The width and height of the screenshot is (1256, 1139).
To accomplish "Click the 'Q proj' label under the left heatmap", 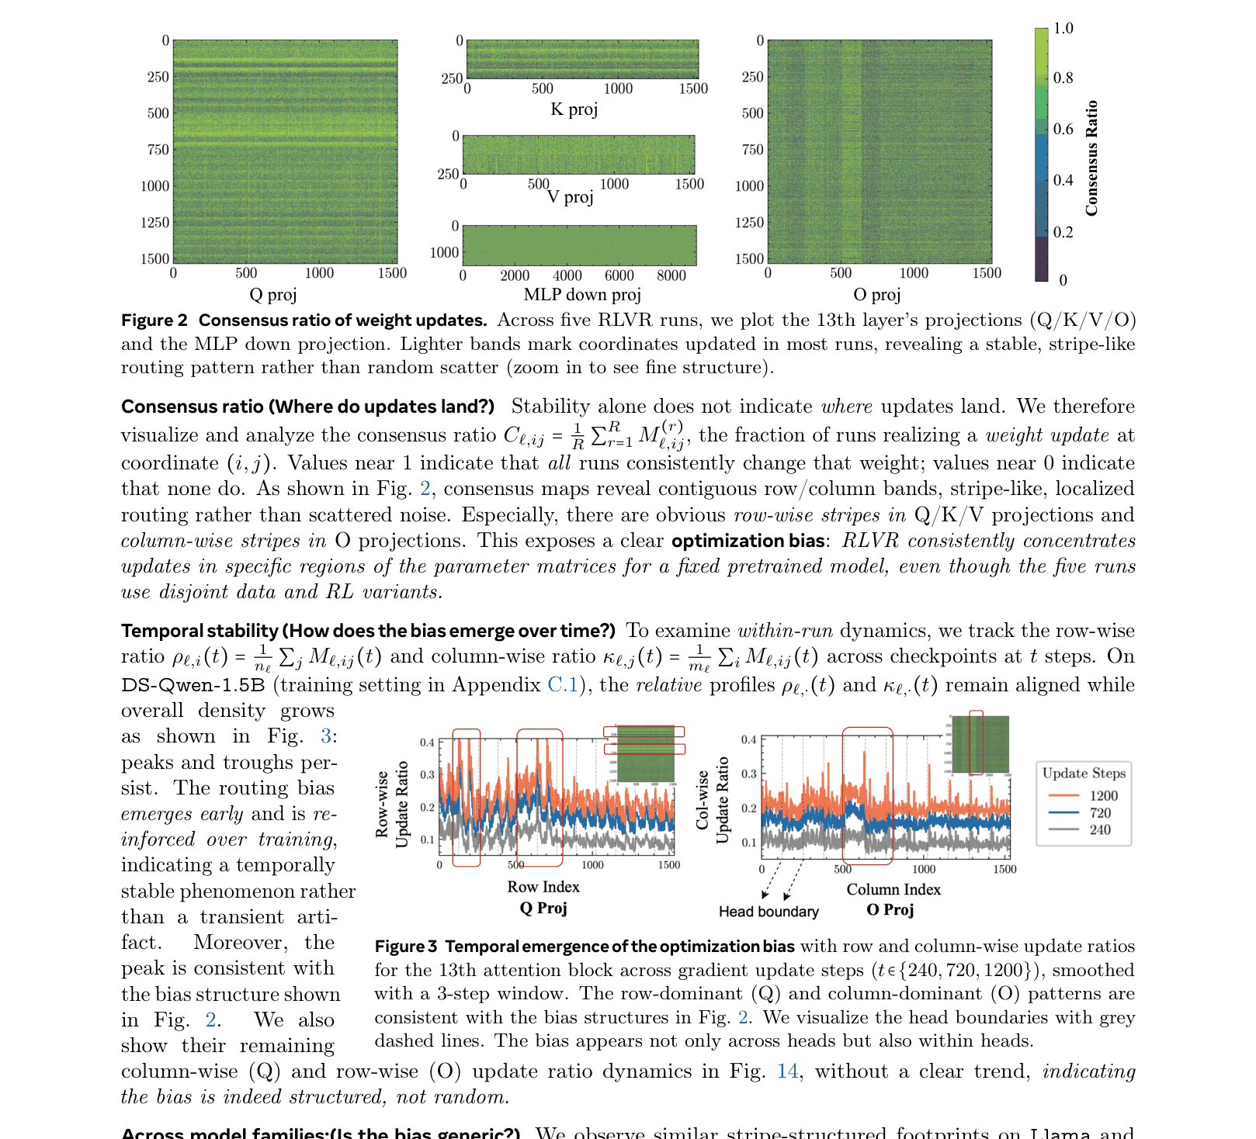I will (272, 295).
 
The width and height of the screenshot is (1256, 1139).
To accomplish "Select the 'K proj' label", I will (574, 109).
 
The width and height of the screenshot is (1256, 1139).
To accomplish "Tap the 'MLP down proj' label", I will (582, 295).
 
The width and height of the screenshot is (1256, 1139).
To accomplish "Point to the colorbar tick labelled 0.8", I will (1063, 78).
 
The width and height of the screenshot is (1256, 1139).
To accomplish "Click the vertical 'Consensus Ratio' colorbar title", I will (1091, 158).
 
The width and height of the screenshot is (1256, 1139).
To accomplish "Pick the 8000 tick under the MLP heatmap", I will (671, 275).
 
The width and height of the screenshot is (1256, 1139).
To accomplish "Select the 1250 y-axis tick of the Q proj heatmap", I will (154, 223).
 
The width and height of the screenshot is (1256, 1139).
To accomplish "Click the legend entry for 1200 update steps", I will (1102, 795).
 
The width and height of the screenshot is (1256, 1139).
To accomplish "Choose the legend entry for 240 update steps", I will (1099, 829).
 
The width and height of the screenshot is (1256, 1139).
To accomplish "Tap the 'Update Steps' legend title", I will (1084, 773).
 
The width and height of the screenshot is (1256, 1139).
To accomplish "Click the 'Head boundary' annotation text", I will (769, 912).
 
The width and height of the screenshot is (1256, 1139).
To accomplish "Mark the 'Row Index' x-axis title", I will (543, 887).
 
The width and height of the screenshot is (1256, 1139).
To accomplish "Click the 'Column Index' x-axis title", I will (893, 890).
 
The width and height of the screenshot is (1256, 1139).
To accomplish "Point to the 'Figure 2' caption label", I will (154, 320).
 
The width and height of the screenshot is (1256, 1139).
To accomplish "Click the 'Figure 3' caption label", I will (406, 947).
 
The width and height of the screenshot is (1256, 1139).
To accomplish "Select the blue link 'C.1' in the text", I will (562, 685).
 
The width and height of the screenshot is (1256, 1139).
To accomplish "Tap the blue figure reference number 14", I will (787, 1071).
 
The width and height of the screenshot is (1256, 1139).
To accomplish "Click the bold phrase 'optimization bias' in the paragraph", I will (748, 541).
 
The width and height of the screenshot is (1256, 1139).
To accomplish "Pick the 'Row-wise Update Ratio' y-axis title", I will (392, 805).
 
